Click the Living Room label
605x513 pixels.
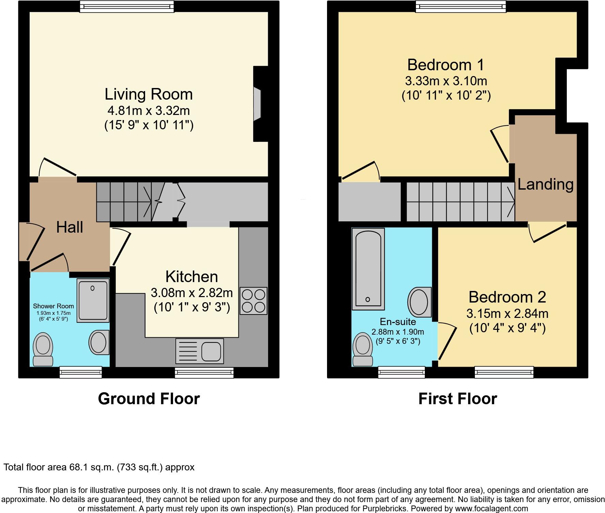[149, 94]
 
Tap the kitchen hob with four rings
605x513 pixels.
[253, 301]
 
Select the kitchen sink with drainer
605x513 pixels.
[200, 351]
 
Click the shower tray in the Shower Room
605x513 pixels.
[93, 301]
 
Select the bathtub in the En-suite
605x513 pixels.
[368, 268]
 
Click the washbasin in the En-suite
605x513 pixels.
[419, 302]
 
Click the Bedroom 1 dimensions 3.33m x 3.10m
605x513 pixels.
[446, 81]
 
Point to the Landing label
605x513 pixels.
[545, 185]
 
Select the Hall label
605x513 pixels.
[69, 227]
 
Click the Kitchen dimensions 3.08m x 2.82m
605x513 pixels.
[192, 293]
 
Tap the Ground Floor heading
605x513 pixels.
[149, 398]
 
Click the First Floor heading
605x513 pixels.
[457, 398]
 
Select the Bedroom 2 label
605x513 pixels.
[507, 297]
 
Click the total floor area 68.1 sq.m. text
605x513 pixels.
[99, 467]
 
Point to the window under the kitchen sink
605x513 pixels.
[204, 373]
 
